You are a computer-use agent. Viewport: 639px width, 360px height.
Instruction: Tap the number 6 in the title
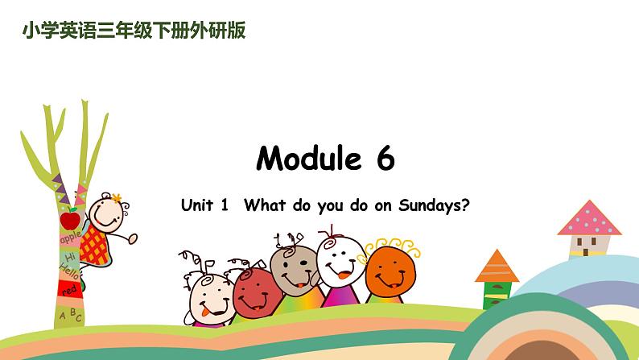pyautogui.click(x=384, y=159)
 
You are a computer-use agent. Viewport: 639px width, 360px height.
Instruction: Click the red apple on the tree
pyautogui.click(x=70, y=219)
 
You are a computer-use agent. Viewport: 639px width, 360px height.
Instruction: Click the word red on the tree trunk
pyautogui.click(x=71, y=289)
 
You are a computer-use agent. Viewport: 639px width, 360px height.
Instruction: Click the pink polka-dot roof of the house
pyautogui.click(x=589, y=218)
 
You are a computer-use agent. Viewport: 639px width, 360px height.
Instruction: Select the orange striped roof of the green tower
pyautogui.click(x=497, y=267)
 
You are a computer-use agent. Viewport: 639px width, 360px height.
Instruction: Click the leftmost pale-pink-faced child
pyautogui.click(x=209, y=299)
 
